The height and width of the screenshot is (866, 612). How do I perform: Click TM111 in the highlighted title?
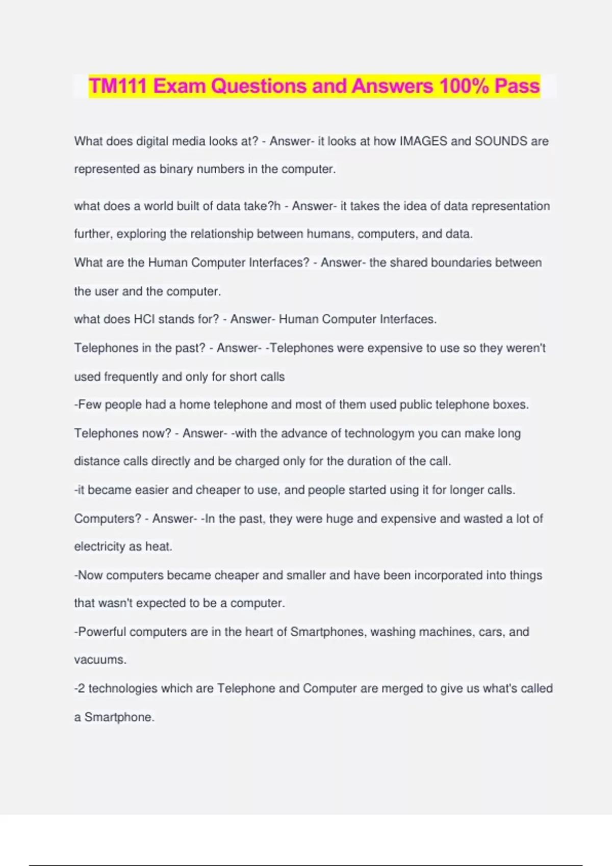pos(119,86)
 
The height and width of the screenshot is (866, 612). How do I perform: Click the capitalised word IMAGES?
pos(423,141)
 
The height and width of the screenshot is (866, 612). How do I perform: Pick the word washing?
pos(393,632)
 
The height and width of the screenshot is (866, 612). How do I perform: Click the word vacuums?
pos(99,660)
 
